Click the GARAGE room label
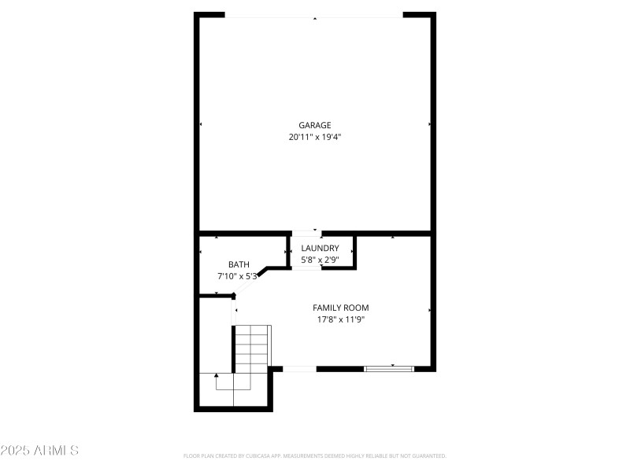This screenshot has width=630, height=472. tap(314, 125)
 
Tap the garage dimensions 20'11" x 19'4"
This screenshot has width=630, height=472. tap(314, 137)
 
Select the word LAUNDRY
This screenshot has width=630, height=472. tap(320, 248)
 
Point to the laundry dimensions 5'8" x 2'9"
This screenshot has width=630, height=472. tap(320, 260)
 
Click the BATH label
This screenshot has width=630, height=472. tap(239, 264)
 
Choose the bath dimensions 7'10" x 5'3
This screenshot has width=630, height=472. tap(238, 276)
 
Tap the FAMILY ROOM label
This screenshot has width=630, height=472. tap(340, 308)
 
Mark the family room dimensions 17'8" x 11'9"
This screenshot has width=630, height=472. tap(340, 319)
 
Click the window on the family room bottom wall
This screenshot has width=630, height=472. tap(388, 368)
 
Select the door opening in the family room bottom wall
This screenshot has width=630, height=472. tap(299, 368)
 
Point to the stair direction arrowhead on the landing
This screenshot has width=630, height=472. tap(217, 377)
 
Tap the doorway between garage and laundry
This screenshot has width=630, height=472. tap(307, 233)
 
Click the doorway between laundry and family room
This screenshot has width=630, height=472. tap(307, 268)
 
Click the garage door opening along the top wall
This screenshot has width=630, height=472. tap(314, 16)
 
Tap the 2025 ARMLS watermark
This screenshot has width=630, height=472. tap(39, 451)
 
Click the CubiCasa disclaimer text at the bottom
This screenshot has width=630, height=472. tap(314, 455)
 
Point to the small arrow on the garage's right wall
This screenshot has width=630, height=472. tap(429, 124)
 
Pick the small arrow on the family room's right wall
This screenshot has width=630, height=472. tap(429, 311)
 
